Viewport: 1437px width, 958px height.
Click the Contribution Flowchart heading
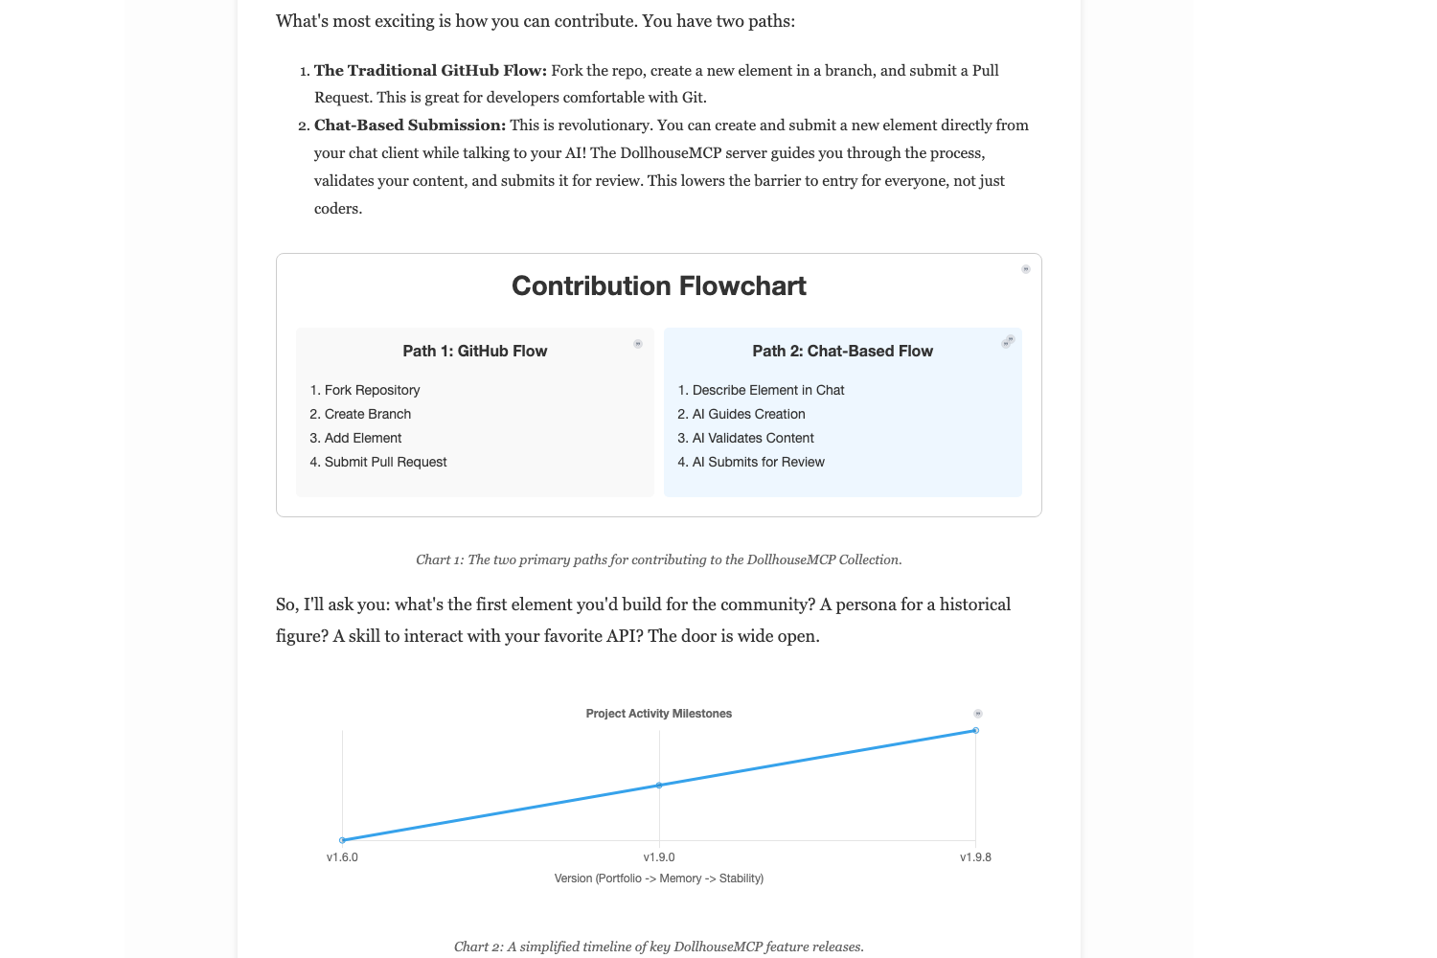coord(658,285)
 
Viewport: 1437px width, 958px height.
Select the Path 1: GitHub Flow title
coord(474,351)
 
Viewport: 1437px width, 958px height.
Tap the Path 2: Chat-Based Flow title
coord(842,351)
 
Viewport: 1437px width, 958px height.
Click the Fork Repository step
coord(372,390)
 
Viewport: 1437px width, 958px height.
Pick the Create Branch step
coord(367,414)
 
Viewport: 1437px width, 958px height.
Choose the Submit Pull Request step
coord(385,462)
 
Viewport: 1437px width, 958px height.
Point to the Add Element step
coord(362,438)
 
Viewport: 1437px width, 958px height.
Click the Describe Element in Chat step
coord(767,390)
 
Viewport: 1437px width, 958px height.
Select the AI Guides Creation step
coord(748,414)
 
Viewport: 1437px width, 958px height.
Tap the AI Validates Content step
coord(753,438)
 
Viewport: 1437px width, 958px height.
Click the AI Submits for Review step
coord(758,462)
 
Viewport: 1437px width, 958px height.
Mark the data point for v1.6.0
coord(342,840)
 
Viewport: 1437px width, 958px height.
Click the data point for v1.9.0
coord(659,786)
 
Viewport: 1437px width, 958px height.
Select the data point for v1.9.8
coord(975,731)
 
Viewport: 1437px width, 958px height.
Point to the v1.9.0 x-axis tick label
coord(659,857)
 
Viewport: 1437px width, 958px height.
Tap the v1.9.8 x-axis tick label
coord(975,857)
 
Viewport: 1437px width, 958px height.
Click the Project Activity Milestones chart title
coord(658,714)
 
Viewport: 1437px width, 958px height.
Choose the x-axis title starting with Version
coord(658,878)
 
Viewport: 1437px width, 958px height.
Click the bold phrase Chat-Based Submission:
coord(410,125)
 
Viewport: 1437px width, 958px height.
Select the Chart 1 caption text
coord(658,559)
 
